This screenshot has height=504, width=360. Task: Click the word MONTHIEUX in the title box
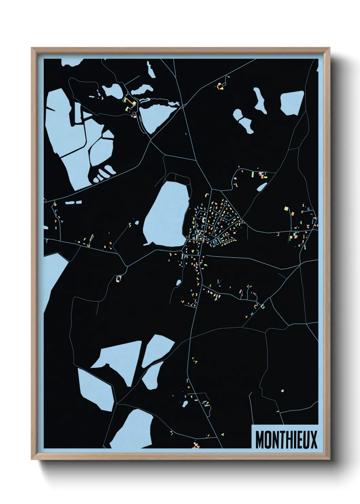pos(286,439)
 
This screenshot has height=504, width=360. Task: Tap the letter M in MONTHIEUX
pos(260,440)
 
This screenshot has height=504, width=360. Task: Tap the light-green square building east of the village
pos(286,208)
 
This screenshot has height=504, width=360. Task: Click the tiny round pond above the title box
pos(282,391)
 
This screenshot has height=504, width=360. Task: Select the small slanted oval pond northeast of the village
pos(262,187)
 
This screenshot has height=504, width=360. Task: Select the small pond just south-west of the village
pos(178,282)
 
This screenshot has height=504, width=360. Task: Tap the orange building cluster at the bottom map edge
pos(196,445)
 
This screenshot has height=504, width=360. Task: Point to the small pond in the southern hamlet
pos(185,404)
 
